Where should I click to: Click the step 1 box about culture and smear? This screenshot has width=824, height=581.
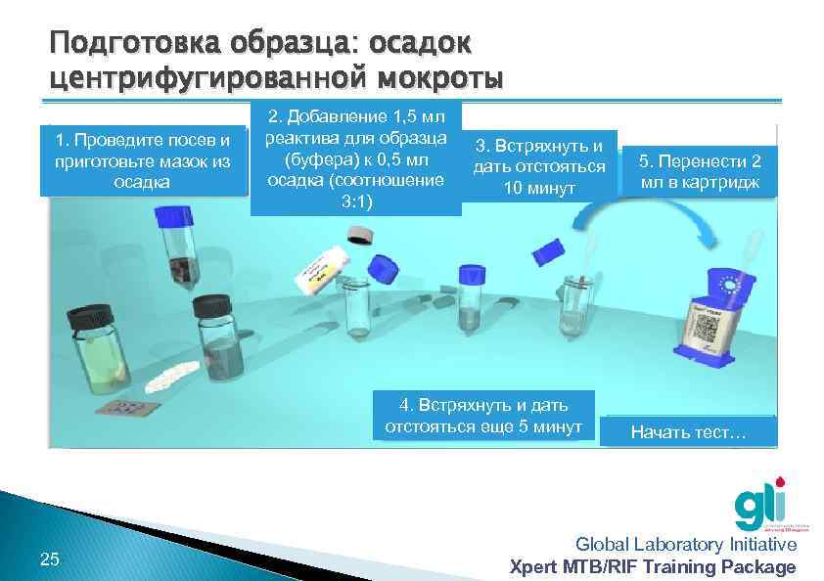[x=144, y=160]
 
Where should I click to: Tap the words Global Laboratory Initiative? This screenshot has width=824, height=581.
[x=685, y=545]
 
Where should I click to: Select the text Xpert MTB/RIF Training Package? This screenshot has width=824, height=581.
[x=654, y=567]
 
